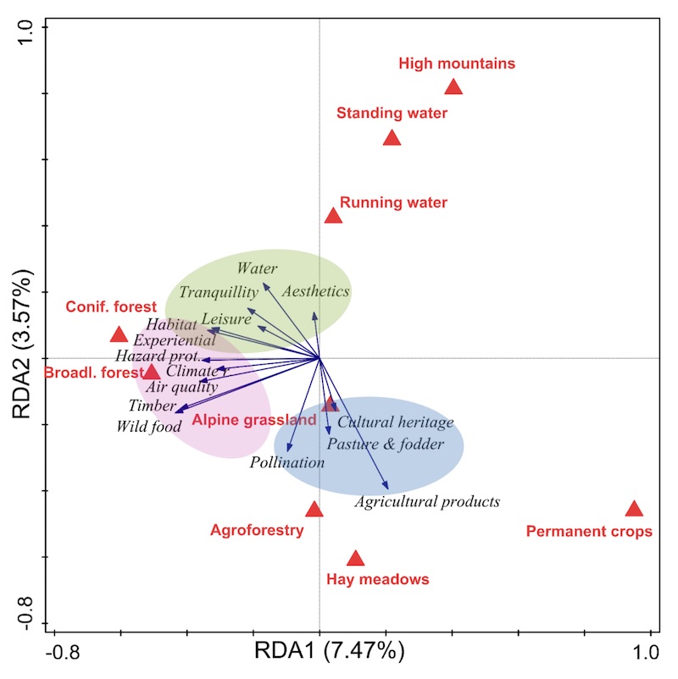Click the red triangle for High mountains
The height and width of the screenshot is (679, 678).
tap(453, 87)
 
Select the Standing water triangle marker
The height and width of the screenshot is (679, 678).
tap(392, 138)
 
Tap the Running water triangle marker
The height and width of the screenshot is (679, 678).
tap(333, 216)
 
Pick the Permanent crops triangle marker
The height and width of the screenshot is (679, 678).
tap(634, 509)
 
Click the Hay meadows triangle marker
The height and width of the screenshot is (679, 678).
tap(355, 559)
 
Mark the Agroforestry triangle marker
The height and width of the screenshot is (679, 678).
tap(314, 510)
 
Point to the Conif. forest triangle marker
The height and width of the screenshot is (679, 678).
tap(119, 335)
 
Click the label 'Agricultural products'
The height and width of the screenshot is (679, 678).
tap(427, 502)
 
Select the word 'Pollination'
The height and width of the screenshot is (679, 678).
tap(287, 463)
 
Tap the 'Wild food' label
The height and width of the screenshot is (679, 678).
tap(149, 427)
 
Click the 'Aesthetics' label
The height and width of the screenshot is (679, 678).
tap(315, 291)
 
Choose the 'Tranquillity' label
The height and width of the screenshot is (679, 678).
tap(219, 292)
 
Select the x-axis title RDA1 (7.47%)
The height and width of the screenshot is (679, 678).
tap(330, 651)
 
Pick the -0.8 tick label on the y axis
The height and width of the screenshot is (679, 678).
tap(25, 612)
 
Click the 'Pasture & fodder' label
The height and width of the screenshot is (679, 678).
tap(386, 444)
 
